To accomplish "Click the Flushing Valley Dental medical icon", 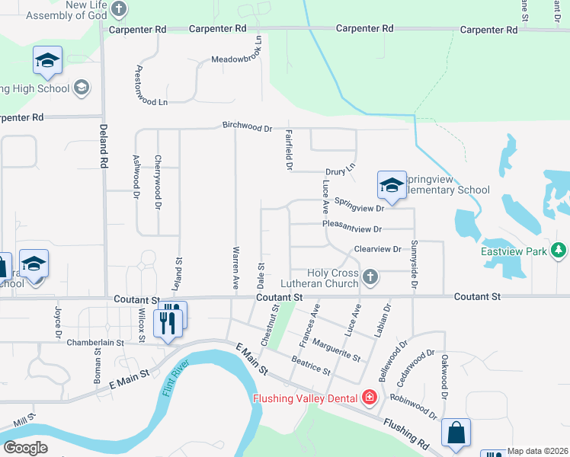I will (x=370, y=397).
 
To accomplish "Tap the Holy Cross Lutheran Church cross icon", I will (x=370, y=276).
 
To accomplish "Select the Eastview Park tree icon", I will (x=560, y=250).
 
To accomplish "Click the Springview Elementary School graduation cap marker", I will (x=392, y=185).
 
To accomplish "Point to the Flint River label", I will (x=175, y=380).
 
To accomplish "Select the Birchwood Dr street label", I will (x=247, y=126).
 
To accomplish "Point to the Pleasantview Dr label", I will (x=351, y=228).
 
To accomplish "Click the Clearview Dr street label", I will (x=377, y=249).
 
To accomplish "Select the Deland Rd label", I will (x=101, y=148).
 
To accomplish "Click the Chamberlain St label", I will (x=95, y=343).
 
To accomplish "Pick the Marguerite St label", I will (x=336, y=349).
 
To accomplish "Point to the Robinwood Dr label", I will (x=413, y=407).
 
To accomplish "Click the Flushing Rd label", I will (x=406, y=432).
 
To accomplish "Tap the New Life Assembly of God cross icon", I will (x=118, y=9).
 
